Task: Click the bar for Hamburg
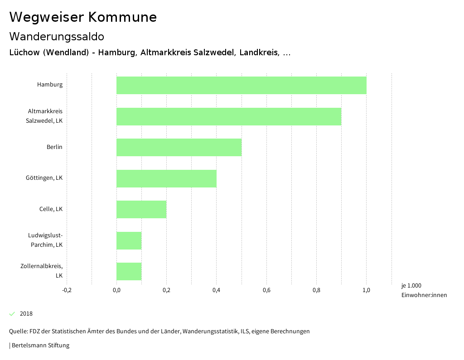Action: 241,85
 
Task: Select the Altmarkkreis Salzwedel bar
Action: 229,116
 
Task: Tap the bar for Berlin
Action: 179,147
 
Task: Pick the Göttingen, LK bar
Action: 166,178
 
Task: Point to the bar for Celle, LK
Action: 141,209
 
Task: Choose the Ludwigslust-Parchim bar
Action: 129,240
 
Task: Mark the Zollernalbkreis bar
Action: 129,271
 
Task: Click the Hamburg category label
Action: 50,85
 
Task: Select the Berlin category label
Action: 54,147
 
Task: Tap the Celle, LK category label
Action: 51,209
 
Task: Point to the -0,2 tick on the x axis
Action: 67,290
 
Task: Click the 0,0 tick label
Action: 116,290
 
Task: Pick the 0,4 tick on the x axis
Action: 216,290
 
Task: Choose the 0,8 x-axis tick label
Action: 316,290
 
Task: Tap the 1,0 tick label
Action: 366,290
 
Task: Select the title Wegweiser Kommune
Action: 83,17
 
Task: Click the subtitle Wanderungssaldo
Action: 57,36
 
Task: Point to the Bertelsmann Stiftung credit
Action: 40,346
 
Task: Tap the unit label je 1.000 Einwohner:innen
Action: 424,290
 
